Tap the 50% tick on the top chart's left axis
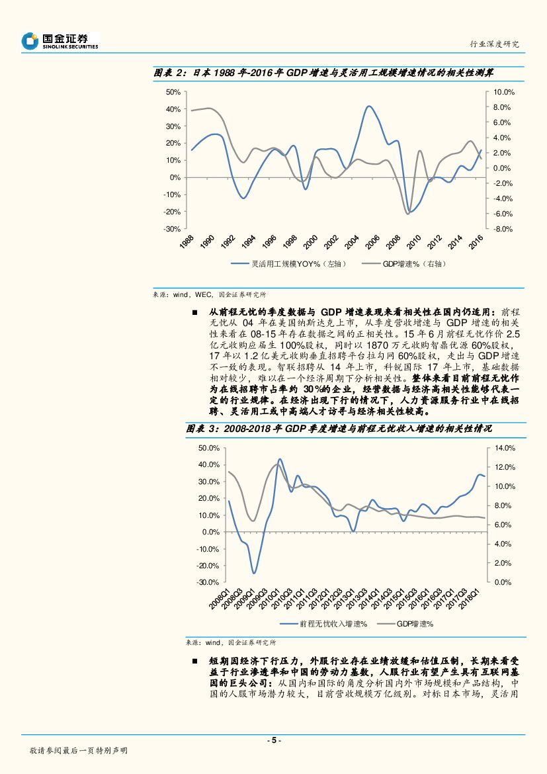click(173, 92)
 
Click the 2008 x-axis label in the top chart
click(393, 241)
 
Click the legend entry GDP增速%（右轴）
click(414, 263)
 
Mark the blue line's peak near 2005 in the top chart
click(369, 106)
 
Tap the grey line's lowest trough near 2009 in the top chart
click(408, 214)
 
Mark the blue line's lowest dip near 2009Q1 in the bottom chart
click(253, 573)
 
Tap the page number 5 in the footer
click(273, 740)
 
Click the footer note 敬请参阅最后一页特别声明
click(79, 751)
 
